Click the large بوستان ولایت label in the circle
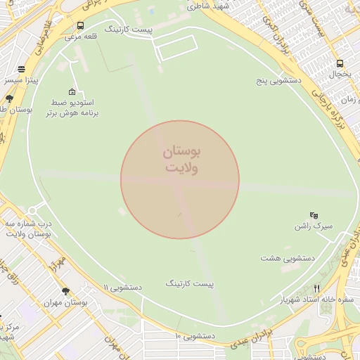[182, 160]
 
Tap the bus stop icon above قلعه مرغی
[80, 26]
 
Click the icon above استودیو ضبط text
[72, 91]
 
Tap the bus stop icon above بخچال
[340, 63]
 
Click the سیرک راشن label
[313, 226]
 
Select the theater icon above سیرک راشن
[314, 215]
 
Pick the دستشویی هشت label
[287, 257]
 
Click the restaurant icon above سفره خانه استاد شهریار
[316, 288]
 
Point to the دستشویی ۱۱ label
[123, 288]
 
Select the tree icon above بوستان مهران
[66, 291]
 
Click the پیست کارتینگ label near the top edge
[129, 30]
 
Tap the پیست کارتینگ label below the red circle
[189, 283]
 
